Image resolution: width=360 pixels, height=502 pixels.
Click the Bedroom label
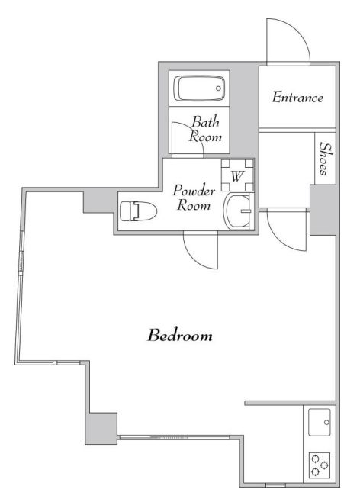tap(180, 336)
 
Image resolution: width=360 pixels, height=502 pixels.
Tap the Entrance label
tap(297, 98)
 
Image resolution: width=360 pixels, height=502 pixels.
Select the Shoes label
tap(324, 159)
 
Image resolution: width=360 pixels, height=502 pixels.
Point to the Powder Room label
tap(194, 198)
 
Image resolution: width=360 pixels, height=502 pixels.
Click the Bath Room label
tap(205, 129)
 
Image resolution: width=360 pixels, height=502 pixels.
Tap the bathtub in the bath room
tap(199, 88)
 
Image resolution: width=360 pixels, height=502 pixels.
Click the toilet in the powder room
tap(138, 211)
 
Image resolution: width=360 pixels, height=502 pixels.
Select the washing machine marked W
tap(237, 175)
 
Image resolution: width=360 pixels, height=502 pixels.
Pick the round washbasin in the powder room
tap(237, 211)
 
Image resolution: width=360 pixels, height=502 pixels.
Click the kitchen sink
tap(320, 422)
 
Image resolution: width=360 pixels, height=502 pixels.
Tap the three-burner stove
tap(320, 465)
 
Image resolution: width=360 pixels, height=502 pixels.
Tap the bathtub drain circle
tap(218, 88)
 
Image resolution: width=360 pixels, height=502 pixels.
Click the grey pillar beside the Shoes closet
tap(323, 210)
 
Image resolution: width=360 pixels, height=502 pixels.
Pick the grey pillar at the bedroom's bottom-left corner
tap(101, 428)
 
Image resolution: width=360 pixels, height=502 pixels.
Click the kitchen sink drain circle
tap(326, 423)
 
